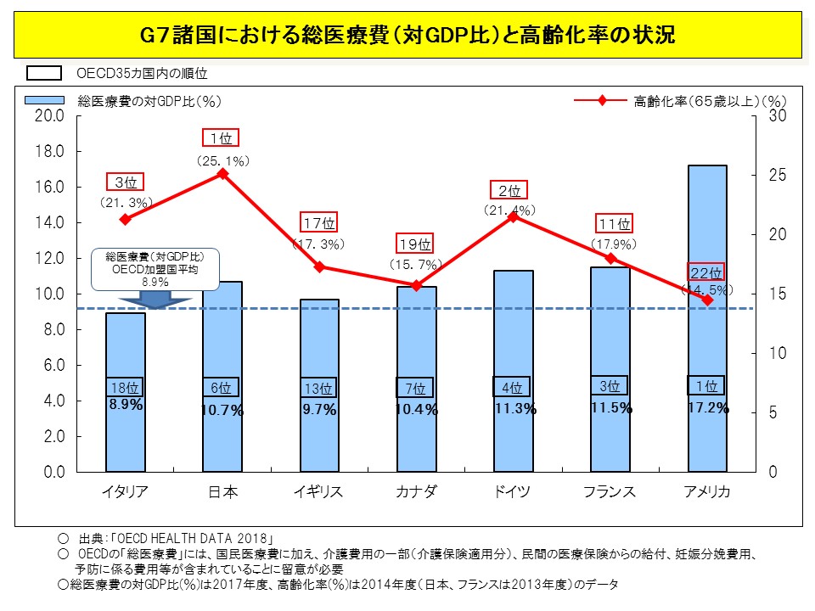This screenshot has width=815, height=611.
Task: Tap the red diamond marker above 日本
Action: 222,174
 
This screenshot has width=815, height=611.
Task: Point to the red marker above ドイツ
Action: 513,216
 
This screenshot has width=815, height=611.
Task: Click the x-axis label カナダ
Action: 417,493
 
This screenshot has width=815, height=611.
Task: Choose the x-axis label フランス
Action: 610,493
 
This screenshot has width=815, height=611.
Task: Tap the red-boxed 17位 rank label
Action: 320,224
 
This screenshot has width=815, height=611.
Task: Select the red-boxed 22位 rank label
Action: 705,273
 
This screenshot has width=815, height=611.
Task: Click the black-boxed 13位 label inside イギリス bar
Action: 318,389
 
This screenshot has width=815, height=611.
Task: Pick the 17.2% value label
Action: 708,409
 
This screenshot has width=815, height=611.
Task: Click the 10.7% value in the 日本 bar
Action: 222,410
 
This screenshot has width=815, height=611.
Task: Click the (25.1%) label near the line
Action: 222,160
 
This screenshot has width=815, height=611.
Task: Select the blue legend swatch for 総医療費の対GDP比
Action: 44,100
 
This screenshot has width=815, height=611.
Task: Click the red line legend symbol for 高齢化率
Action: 601,101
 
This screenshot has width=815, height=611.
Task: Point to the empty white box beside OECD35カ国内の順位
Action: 44,74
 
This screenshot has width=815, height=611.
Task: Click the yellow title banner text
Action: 407,36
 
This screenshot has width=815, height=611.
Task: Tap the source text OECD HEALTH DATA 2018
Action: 195,539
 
